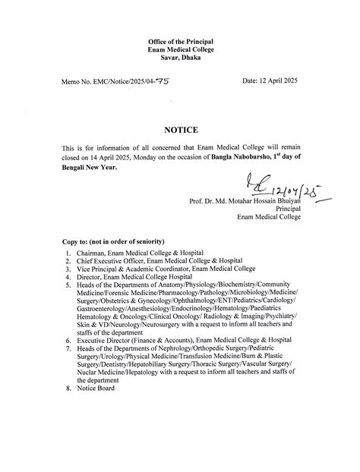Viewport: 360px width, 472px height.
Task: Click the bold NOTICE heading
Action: [181, 131]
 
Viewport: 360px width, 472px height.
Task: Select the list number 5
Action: [68, 286]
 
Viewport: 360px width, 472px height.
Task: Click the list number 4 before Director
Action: [68, 277]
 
